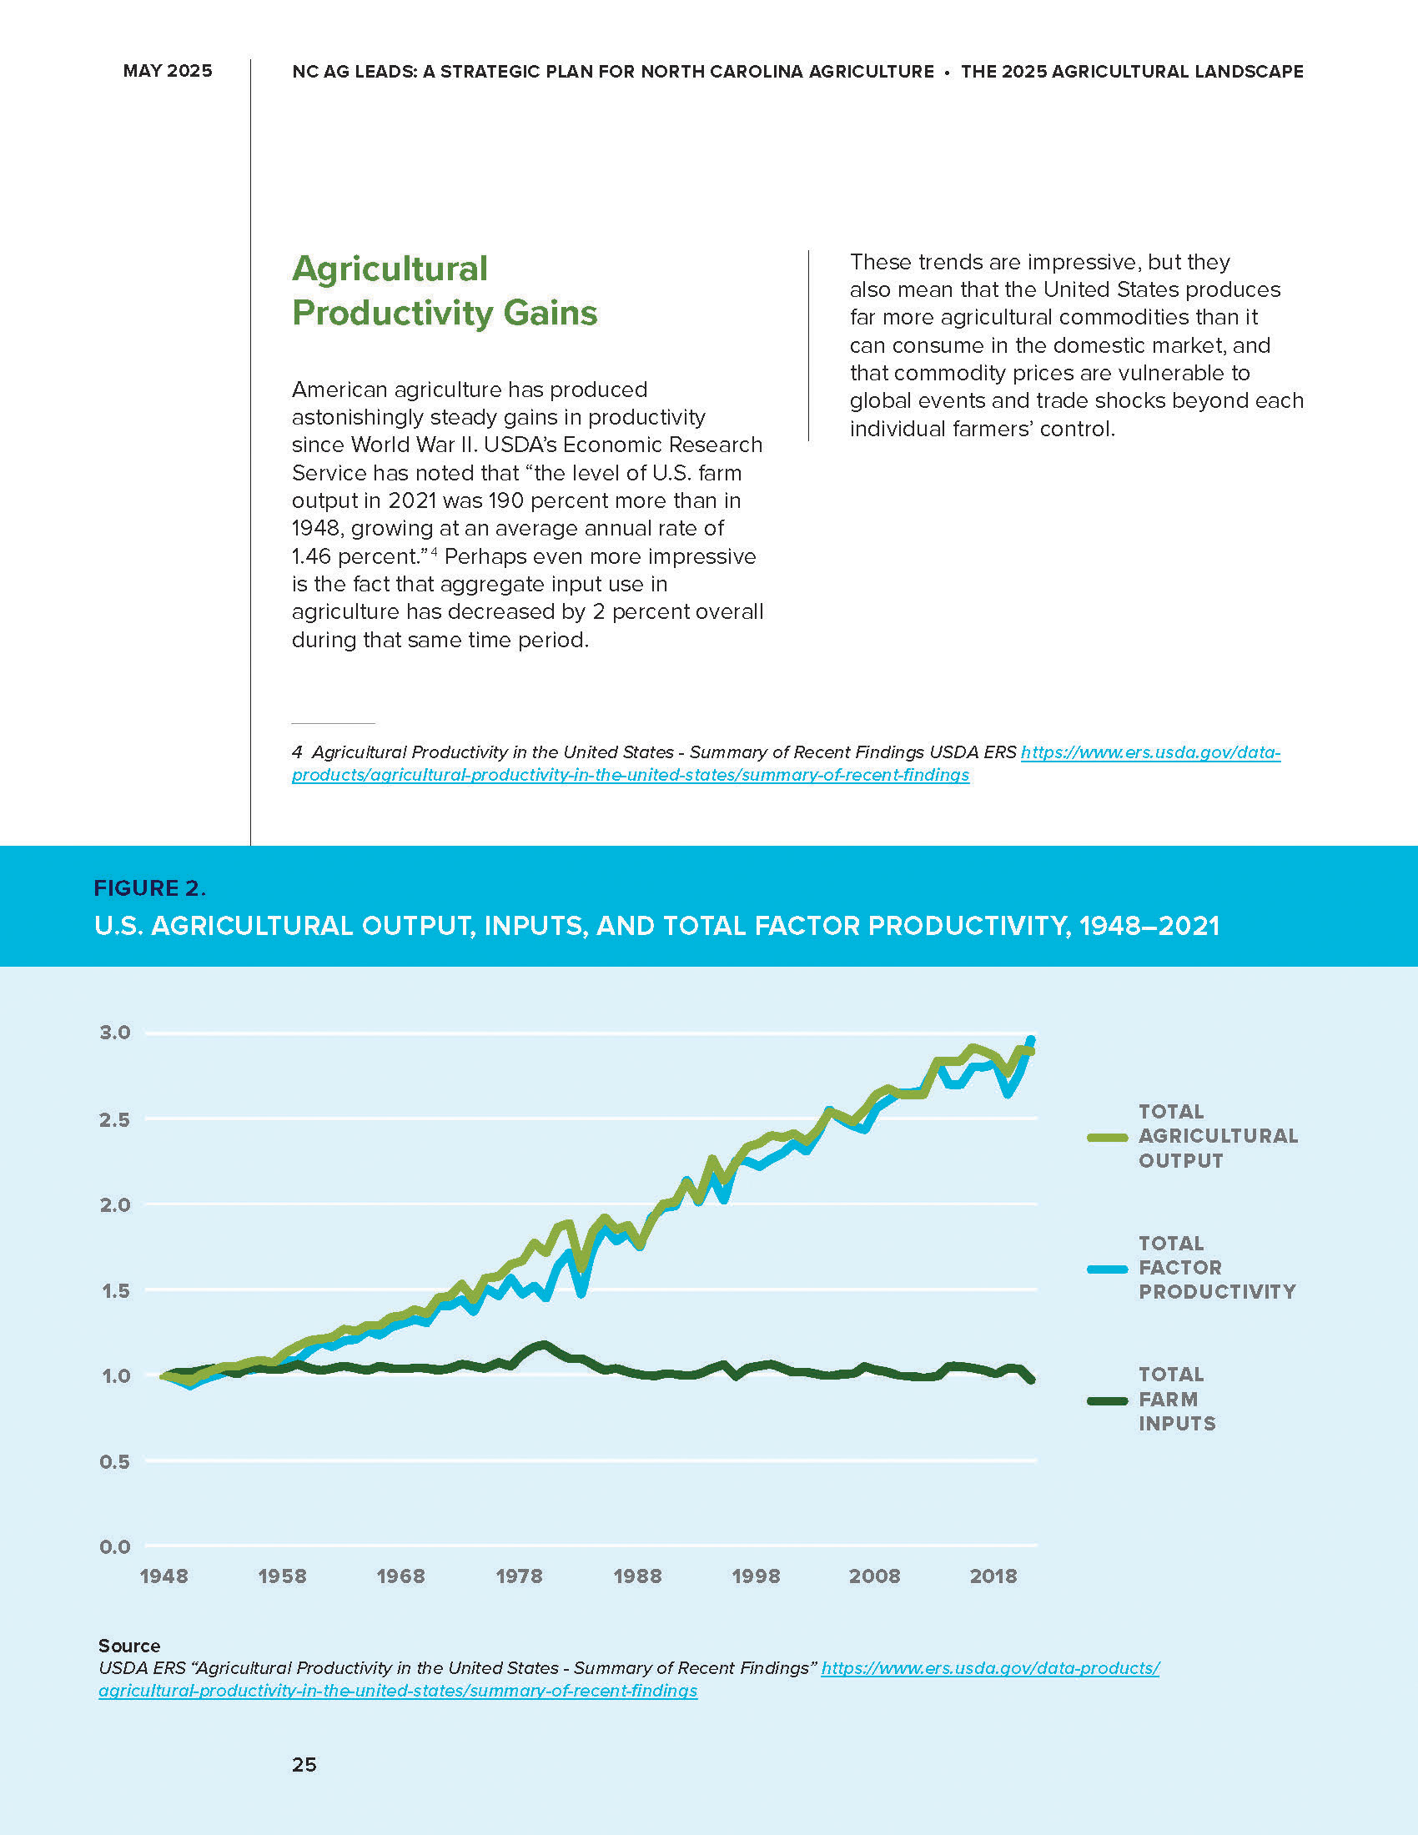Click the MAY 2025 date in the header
tap(167, 71)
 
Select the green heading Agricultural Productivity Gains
tap(445, 291)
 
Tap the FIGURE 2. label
tap(149, 888)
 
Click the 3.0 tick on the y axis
tap(115, 1032)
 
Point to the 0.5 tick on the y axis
tap(115, 1461)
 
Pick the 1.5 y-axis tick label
tap(115, 1290)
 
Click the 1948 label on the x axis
tap(163, 1576)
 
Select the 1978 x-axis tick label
tap(519, 1576)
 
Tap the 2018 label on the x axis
tap(993, 1576)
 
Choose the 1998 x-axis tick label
tap(756, 1576)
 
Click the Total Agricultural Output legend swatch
tap(1106, 1138)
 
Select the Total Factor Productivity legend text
tap(1216, 1267)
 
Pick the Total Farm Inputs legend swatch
tap(1106, 1400)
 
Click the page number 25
tap(304, 1764)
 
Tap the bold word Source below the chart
tap(129, 1645)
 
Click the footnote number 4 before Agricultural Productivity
tap(297, 752)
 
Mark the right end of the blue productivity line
tap(1031, 1040)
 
